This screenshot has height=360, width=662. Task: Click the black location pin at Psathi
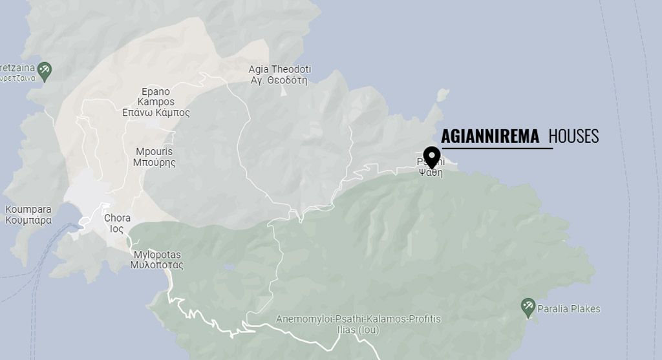[x=431, y=156]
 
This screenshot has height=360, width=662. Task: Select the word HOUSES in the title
[x=573, y=136]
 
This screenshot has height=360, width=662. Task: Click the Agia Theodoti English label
[x=280, y=69]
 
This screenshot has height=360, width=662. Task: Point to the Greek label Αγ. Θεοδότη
[x=279, y=80]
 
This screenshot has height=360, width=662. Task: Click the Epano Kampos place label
[x=156, y=96]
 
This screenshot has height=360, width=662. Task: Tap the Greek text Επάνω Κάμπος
[x=156, y=112]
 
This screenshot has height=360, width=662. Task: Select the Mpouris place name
[x=154, y=152]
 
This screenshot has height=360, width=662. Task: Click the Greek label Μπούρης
[x=154, y=163]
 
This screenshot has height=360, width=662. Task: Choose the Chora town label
[x=117, y=218]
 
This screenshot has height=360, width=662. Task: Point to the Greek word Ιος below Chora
[x=117, y=229]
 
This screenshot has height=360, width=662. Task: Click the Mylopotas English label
[x=157, y=255]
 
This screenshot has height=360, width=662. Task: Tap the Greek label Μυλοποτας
[x=157, y=265]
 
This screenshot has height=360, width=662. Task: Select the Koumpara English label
[x=28, y=209]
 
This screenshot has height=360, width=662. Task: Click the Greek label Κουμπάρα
[x=28, y=220]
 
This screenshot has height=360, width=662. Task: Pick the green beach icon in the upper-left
[x=44, y=70]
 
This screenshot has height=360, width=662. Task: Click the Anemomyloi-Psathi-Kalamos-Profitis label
[x=358, y=319]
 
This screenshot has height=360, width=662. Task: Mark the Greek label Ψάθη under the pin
[x=431, y=173]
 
